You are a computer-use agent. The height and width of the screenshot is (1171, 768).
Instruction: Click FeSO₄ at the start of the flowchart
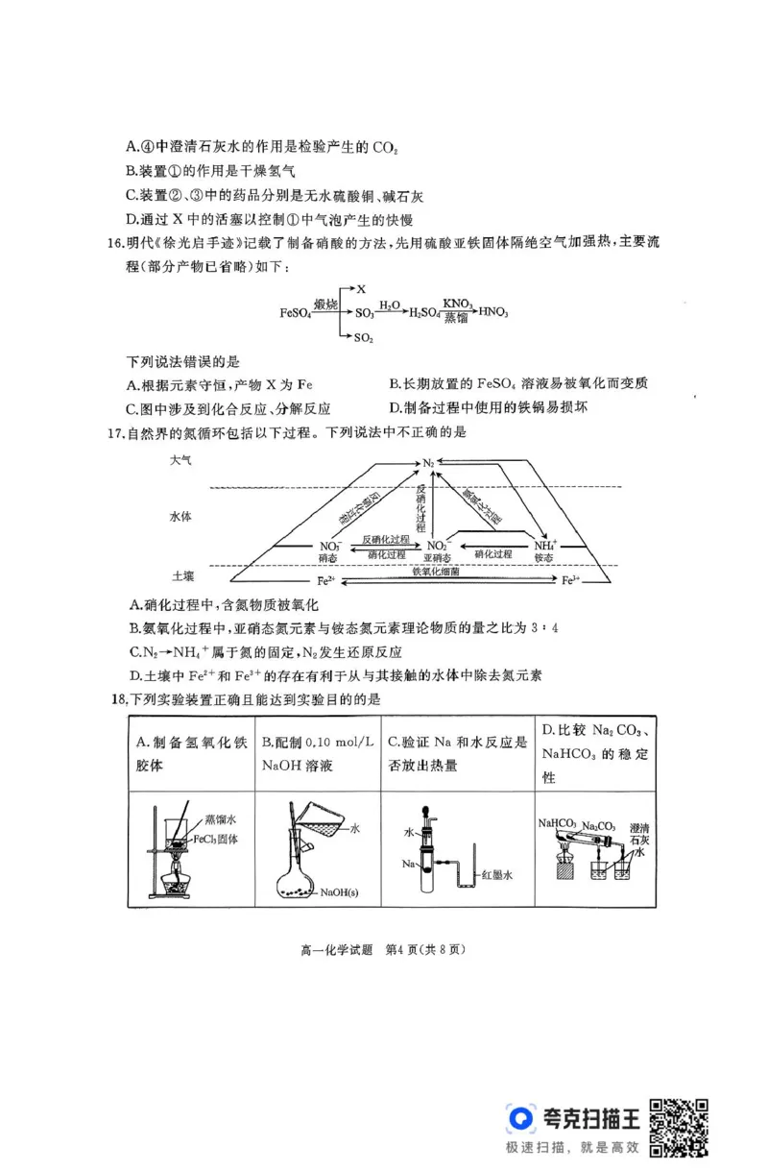coord(296,313)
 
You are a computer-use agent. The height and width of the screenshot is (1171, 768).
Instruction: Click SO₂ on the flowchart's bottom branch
coord(363,338)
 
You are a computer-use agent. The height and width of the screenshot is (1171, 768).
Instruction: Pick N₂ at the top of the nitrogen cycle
coord(429,463)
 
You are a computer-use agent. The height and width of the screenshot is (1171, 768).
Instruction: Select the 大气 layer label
coord(181,461)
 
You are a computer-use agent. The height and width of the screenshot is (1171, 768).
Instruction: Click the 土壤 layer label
coord(183,575)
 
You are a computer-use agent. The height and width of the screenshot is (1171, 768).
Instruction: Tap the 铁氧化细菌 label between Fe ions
coord(438,573)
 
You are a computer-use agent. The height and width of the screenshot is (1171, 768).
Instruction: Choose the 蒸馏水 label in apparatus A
coord(220,819)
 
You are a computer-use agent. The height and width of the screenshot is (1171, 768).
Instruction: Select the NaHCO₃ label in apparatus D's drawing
coord(557,823)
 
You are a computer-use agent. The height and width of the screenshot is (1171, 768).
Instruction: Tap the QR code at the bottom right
coord(681,1126)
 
